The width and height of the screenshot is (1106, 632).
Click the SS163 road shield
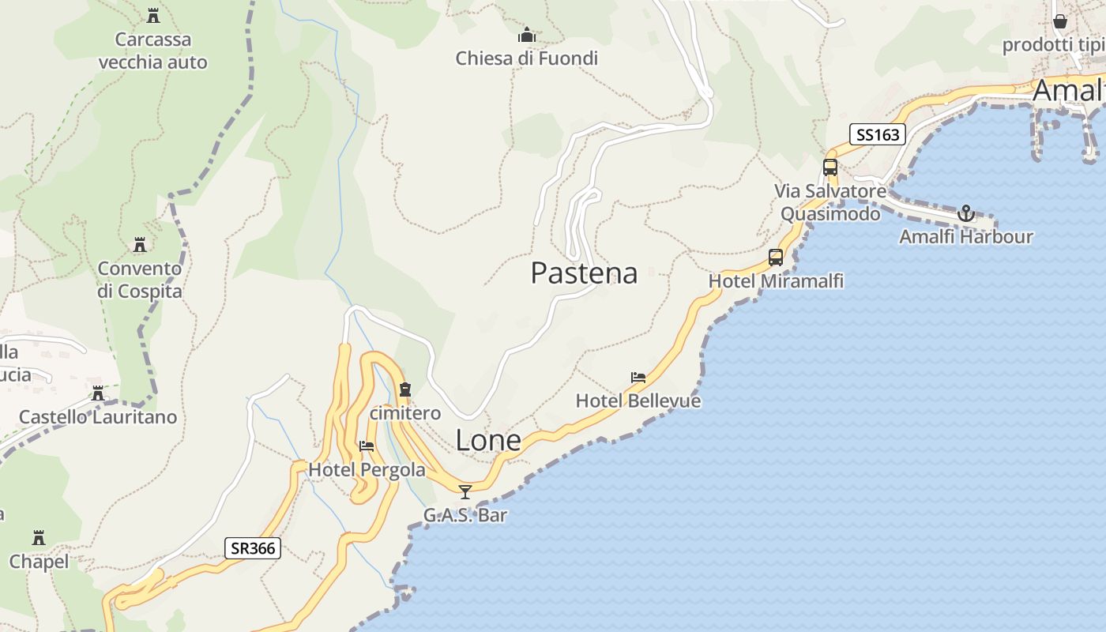click(878, 135)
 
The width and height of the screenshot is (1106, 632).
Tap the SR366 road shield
click(253, 548)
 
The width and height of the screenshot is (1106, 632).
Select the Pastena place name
click(584, 273)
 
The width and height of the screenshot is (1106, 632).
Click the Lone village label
click(488, 441)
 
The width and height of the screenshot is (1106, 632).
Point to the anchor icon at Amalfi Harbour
click(965, 213)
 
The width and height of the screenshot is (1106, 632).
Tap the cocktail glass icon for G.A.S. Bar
click(465, 492)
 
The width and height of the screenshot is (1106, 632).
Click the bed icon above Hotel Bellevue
click(638, 378)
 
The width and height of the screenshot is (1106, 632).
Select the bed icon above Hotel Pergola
click(367, 446)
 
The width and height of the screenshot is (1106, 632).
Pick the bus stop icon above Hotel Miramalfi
click(776, 257)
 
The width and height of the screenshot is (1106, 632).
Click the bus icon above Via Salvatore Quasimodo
click(829, 167)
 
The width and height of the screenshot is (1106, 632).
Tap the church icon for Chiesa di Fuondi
click(527, 35)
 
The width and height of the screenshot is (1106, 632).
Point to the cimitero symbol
click(405, 389)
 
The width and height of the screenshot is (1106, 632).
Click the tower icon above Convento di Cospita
click(140, 245)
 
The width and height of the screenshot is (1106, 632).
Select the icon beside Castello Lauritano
click(98, 393)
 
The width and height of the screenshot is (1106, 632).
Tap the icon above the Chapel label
click(39, 538)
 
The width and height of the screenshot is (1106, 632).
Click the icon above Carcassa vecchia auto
click(153, 15)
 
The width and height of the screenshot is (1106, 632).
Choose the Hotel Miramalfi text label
click(776, 281)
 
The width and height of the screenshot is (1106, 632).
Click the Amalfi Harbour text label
click(965, 237)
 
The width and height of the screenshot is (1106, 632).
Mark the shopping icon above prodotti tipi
click(1060, 21)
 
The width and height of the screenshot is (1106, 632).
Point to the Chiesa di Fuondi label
click(527, 58)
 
